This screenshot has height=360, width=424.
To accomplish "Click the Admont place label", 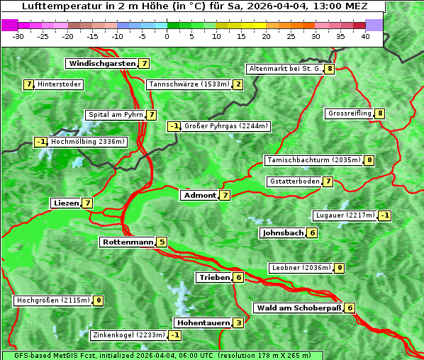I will click(199, 195).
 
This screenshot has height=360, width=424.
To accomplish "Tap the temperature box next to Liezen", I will click(87, 203).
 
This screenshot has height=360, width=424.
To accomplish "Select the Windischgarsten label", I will click(101, 63).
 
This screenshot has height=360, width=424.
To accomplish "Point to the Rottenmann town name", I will click(128, 242).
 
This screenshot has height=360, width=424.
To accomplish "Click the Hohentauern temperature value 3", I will click(238, 322).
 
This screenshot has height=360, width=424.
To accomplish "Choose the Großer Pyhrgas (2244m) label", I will click(225, 126).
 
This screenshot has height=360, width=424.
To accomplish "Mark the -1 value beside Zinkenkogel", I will click(174, 334).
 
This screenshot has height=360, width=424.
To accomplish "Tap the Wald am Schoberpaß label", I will click(298, 308).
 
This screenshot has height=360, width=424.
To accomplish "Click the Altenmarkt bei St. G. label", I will click(284, 69).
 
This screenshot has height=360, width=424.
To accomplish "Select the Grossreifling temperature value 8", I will click(380, 113).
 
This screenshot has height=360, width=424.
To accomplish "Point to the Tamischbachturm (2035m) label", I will click(313, 160).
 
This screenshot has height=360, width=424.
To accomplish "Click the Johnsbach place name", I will click(283, 232).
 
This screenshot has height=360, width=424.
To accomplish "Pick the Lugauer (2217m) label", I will click(345, 215).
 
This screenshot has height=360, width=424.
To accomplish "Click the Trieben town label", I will click(214, 277).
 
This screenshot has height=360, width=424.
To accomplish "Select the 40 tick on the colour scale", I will click(365, 36).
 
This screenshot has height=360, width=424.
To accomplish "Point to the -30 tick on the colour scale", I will click(18, 36).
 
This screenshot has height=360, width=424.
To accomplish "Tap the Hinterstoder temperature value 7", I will click(29, 84).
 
